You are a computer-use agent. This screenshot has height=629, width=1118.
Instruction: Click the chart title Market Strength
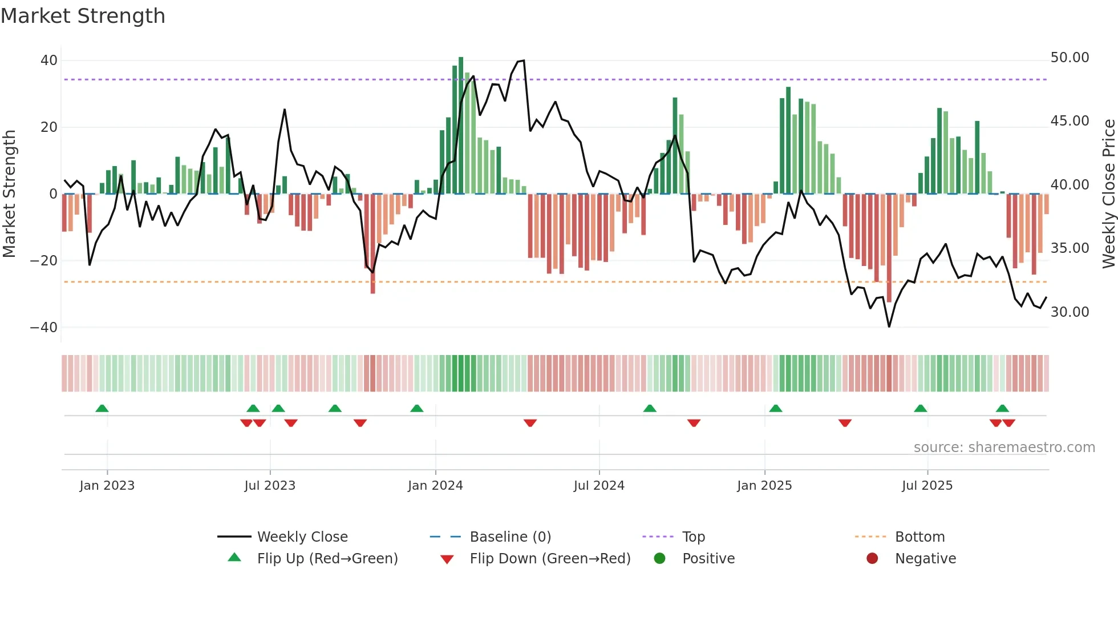tap(83, 16)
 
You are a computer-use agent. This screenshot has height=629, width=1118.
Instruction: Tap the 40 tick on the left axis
tap(48, 61)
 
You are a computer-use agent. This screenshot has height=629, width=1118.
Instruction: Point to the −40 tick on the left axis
tap(44, 328)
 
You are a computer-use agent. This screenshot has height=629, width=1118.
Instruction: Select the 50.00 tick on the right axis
tap(1070, 58)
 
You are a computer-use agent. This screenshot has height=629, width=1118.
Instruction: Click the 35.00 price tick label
tap(1070, 248)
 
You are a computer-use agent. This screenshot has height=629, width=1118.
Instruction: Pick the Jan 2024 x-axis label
tap(435, 486)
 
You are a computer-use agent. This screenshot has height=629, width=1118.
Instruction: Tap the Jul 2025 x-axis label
tap(927, 486)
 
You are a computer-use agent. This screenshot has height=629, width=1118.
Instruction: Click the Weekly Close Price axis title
tap(1108, 194)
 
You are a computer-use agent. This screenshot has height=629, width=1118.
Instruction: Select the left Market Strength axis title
tap(9, 194)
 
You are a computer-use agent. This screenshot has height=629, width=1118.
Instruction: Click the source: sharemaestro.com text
tap(1004, 447)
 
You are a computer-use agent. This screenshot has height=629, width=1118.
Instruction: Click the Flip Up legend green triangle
tap(234, 558)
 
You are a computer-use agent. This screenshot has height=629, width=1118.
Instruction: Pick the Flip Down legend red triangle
tap(447, 559)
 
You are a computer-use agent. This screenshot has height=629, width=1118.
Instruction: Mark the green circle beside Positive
tap(660, 559)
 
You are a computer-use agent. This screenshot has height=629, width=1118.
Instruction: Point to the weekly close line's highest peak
tap(523, 61)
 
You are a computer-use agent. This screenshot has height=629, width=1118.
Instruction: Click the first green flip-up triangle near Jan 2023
tap(102, 409)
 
